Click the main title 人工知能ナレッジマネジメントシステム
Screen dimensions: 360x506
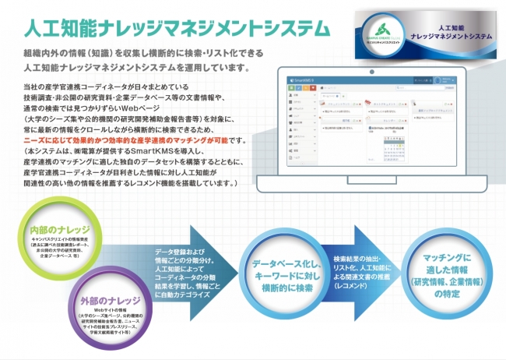coord(176,29)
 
